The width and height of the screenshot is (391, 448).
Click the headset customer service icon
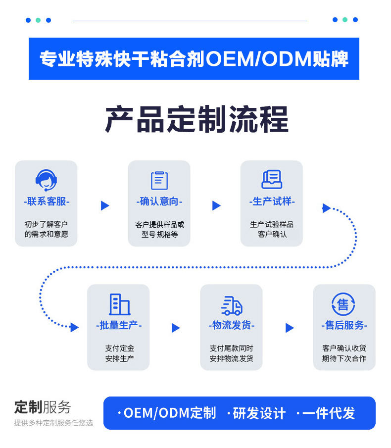[x=46, y=180]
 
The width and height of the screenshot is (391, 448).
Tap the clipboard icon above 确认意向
[x=159, y=180]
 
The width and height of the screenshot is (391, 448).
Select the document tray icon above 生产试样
[x=272, y=179]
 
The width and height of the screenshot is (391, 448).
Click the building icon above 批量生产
[x=119, y=304]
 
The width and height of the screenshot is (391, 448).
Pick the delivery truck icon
[x=231, y=305]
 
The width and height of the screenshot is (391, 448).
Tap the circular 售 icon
[x=343, y=304]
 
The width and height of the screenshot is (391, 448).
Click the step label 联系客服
[x=47, y=201]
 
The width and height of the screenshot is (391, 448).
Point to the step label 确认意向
[x=159, y=201]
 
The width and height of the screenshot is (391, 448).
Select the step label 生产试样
[x=272, y=201]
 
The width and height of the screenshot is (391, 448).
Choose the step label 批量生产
[x=119, y=325]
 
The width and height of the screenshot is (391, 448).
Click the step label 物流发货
[x=231, y=325]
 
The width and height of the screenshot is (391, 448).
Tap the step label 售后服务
[x=344, y=325]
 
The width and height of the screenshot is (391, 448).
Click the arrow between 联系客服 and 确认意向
[x=104, y=205]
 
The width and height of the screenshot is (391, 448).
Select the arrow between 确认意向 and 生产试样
[x=216, y=205]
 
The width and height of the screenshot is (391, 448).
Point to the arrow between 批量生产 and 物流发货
[x=176, y=328]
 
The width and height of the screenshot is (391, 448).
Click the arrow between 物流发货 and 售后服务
[x=290, y=328]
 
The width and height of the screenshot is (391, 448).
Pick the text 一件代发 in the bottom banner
[x=329, y=413]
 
